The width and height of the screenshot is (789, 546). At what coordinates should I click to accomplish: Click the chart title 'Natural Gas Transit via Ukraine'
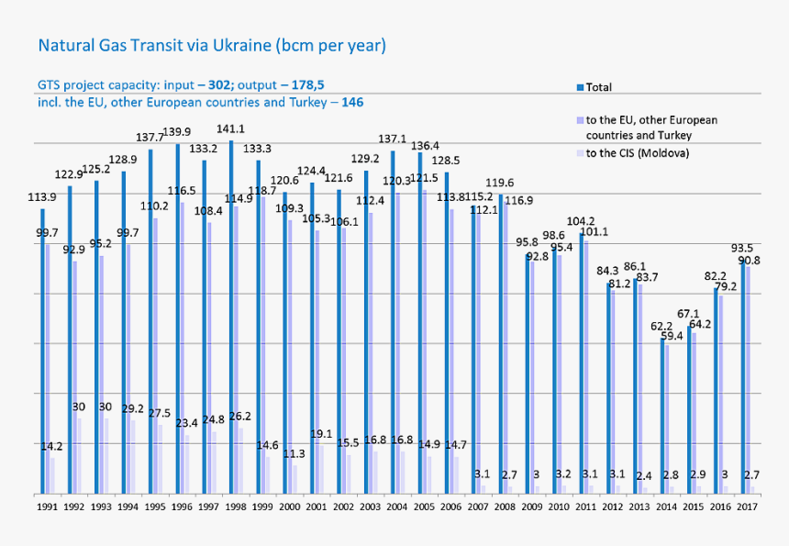click(211, 45)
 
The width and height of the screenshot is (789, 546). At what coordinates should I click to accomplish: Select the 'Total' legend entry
click(598, 88)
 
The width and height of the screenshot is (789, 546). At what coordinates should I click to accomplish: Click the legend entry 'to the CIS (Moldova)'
click(637, 152)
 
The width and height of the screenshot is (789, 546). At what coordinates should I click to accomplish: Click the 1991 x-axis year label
click(47, 506)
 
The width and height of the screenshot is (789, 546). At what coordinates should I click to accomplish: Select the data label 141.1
click(230, 129)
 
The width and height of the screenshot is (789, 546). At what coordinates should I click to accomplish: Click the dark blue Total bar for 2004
click(393, 321)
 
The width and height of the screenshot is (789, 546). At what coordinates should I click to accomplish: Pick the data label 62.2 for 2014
click(661, 326)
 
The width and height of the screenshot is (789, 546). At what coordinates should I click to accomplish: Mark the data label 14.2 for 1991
click(51, 446)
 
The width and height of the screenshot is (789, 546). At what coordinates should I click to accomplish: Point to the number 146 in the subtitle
click(352, 102)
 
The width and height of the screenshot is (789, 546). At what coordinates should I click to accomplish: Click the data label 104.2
click(581, 221)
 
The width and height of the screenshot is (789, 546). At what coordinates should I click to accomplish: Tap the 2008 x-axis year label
click(502, 506)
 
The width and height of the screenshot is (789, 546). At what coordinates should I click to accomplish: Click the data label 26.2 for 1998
click(239, 416)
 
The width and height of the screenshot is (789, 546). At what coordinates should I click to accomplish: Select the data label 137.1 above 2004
click(393, 139)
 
